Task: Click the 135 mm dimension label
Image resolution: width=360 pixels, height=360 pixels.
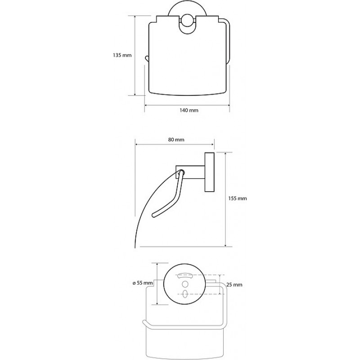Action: [x=122, y=55]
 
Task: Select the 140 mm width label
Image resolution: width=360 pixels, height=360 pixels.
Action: [x=189, y=110]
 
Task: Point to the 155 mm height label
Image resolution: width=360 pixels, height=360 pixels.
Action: [x=238, y=198]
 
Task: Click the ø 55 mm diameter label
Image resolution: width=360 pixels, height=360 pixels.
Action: [x=143, y=283]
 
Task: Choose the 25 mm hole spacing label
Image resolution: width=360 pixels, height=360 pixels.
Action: [x=234, y=285]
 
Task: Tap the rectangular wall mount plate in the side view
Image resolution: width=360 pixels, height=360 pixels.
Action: [x=209, y=172]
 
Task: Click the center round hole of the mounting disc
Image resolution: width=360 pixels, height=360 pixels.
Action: [x=185, y=284]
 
